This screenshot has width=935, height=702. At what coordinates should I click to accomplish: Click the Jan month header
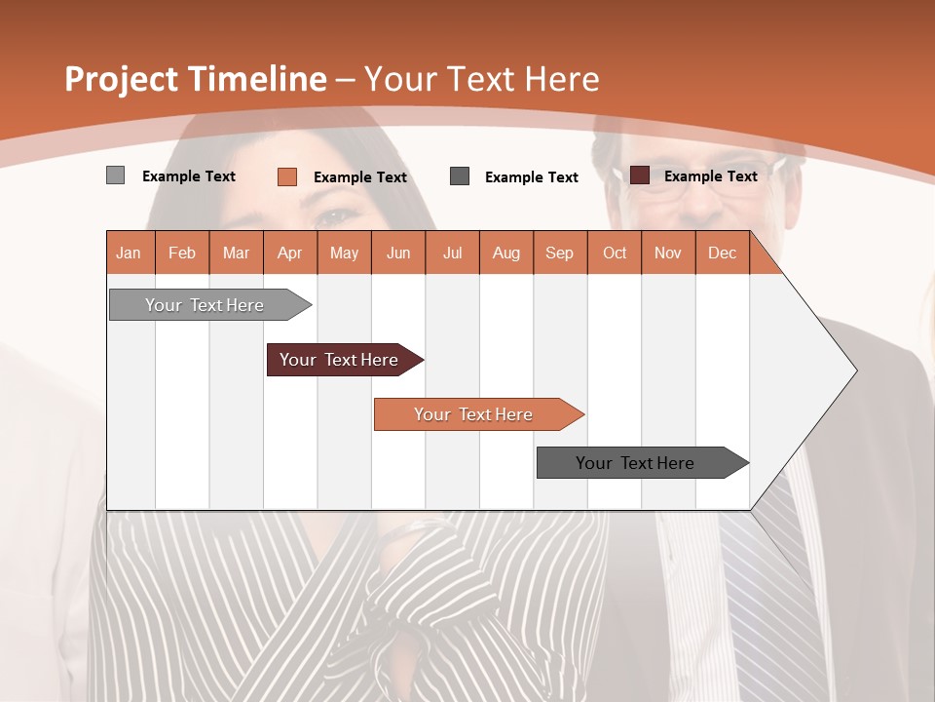point(130,253)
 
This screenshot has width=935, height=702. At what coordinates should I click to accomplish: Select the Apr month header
point(290,253)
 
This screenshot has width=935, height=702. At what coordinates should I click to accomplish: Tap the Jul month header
point(452,253)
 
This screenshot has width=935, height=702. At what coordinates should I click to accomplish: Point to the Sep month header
point(559,253)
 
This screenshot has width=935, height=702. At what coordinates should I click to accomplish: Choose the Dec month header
point(722,253)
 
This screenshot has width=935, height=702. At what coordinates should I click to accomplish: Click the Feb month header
point(182,253)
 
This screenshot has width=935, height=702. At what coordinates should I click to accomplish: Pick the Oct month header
point(615,253)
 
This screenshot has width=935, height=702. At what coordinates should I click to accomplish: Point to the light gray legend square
point(116,175)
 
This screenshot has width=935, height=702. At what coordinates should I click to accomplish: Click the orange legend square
point(287,176)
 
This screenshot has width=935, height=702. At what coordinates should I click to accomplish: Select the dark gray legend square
point(460,176)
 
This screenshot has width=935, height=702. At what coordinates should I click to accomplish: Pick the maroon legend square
point(640,175)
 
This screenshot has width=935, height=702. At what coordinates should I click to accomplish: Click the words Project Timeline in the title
point(195,79)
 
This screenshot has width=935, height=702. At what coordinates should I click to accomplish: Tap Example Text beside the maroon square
point(710,176)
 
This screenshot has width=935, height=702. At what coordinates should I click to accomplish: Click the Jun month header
point(398,253)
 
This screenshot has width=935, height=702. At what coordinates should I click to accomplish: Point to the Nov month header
point(668,253)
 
